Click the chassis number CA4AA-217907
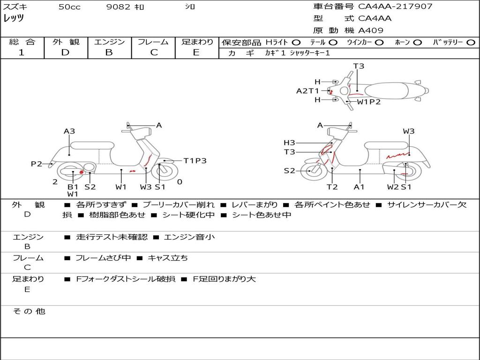click(395, 7)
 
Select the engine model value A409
click(371, 30)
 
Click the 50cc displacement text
click(69, 7)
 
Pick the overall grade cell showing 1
click(22, 52)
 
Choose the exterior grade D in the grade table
click(65, 52)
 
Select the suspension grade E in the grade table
click(196, 52)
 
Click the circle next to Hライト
click(296, 43)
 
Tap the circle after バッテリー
click(471, 43)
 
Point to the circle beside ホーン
click(417, 43)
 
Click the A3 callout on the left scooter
click(69, 131)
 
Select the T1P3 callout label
click(195, 161)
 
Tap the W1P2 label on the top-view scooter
click(369, 101)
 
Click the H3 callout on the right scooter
click(289, 142)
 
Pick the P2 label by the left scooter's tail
click(37, 164)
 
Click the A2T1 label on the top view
click(307, 91)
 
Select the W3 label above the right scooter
click(409, 131)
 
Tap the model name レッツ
click(14, 19)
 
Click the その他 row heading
click(29, 311)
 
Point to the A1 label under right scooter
click(360, 187)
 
